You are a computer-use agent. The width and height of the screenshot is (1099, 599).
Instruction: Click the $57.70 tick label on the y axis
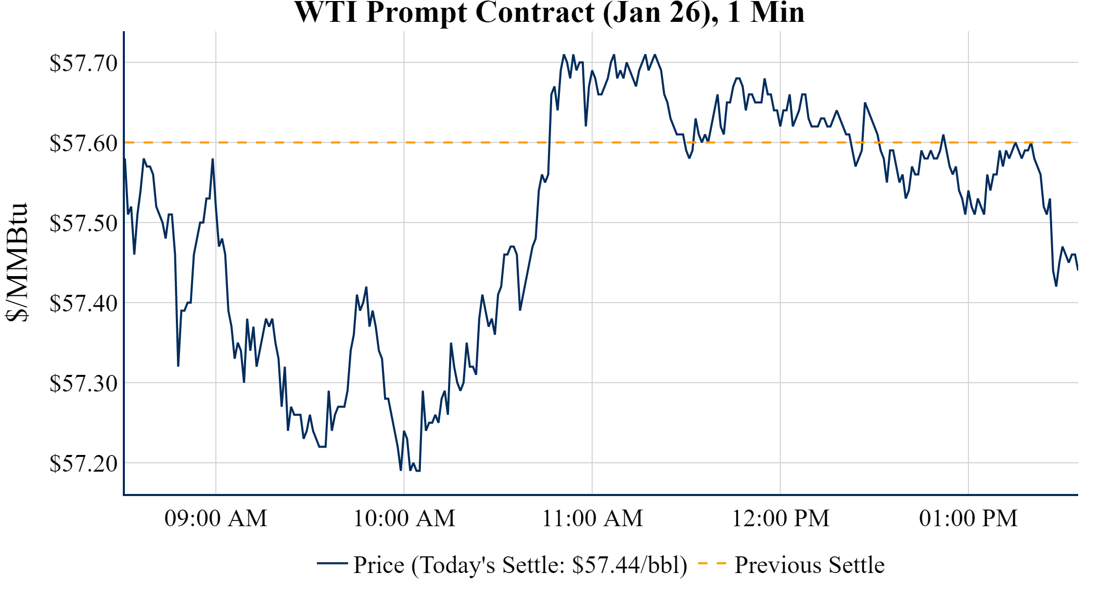83,63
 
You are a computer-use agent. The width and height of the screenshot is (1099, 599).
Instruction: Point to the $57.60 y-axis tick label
83,144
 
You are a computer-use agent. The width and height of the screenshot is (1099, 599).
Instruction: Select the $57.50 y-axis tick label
83,224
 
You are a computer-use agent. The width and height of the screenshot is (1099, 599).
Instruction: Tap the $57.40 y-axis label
83,304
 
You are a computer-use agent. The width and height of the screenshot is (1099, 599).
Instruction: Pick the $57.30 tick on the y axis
83,384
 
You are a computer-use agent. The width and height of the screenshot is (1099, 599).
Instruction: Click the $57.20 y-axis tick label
83,464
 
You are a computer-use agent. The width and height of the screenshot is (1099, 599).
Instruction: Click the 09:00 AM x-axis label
215,518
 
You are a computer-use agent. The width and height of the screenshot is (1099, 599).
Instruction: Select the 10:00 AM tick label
404,518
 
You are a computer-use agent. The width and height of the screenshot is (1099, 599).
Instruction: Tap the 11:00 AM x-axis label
592,518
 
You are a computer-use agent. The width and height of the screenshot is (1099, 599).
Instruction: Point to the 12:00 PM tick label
781,518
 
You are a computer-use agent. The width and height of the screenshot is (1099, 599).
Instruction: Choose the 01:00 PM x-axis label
968,518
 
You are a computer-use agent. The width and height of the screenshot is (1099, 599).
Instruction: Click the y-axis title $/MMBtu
17,263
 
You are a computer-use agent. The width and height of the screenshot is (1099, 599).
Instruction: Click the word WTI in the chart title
326,12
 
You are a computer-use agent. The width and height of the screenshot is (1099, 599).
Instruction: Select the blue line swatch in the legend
332,563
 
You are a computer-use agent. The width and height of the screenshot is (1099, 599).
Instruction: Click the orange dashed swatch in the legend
711,563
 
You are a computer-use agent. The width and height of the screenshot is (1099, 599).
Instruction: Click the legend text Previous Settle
809,565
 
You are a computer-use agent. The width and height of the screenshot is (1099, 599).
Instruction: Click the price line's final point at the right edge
1077,269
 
